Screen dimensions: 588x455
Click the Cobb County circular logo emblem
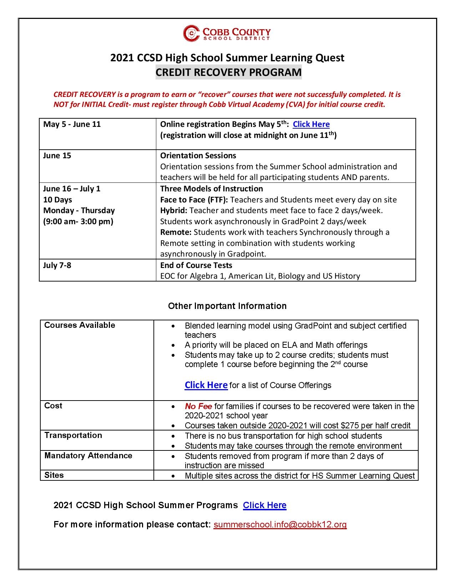191,33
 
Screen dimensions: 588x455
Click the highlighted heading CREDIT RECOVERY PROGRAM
228,72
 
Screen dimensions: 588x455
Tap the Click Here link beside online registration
311,124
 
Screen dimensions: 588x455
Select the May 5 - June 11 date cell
72,124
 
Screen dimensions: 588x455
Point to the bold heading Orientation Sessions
198,155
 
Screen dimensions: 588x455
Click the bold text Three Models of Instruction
211,189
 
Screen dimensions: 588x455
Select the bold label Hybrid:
174,210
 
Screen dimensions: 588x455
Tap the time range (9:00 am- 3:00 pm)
78,221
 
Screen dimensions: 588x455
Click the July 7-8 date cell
57,265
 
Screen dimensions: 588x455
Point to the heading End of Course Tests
196,265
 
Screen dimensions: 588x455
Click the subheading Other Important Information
227,306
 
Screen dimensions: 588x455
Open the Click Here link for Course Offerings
206,385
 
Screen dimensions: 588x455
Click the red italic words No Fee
198,406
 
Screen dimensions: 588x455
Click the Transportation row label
73,435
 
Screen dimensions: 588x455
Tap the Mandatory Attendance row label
88,455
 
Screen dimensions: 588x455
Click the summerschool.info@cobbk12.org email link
280,524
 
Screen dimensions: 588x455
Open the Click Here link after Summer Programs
264,505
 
